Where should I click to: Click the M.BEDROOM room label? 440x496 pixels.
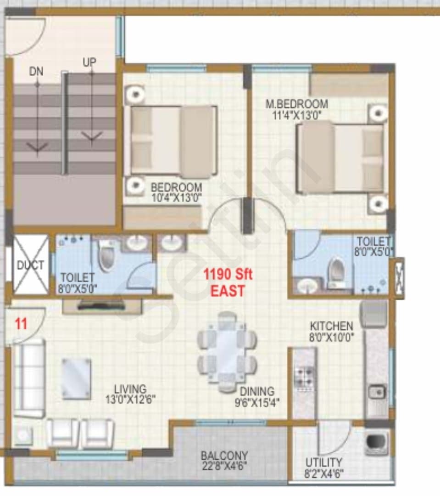(296, 104)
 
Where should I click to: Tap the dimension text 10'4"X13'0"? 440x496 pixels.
(176, 198)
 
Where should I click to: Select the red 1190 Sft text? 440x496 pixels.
(228, 274)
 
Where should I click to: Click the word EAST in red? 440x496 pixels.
(228, 291)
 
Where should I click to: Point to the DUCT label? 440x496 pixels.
(30, 265)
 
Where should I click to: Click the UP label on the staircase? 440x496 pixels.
(89, 62)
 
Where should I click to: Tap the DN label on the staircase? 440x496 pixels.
(36, 72)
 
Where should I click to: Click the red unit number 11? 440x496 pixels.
(21, 324)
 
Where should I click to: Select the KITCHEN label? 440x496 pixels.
(331, 326)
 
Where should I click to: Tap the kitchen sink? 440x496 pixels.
(377, 392)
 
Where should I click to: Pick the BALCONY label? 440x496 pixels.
(224, 456)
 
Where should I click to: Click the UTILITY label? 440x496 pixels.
(323, 462)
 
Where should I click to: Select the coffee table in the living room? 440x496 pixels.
(77, 379)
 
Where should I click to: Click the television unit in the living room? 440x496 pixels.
(102, 306)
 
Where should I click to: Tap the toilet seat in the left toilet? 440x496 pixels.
(106, 255)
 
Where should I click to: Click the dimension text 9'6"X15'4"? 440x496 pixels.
(257, 402)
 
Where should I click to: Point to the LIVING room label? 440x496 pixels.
(130, 389)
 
